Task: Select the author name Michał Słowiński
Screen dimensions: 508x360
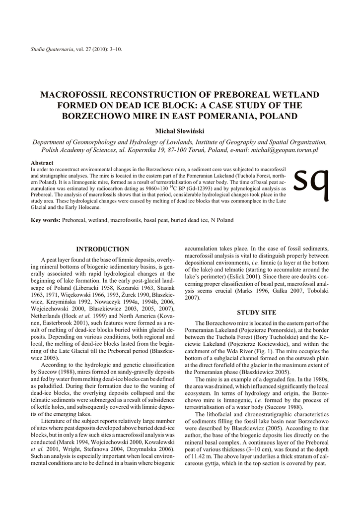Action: [180, 131]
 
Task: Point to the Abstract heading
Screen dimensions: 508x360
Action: [42, 163]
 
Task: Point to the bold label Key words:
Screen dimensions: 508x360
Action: [46, 220]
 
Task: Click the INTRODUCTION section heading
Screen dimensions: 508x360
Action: [103, 249]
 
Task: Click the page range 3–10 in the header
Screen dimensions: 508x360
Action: [113, 50]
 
